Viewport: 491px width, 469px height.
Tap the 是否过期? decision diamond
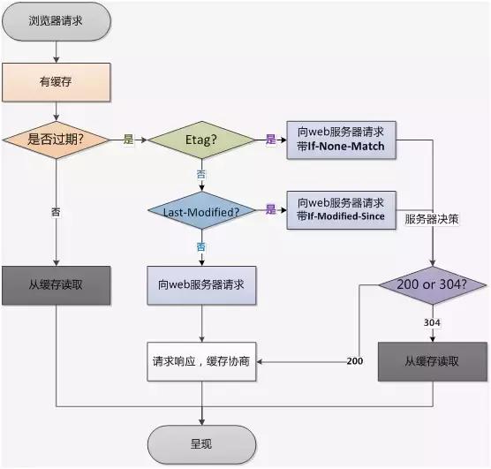pos(57,140)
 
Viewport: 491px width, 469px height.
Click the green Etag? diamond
pos(200,140)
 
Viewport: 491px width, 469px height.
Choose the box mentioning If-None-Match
pos(341,139)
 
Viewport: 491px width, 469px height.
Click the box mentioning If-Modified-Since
pos(341,209)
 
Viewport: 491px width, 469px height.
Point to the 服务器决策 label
pos(432,217)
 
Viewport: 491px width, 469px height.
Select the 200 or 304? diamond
pos(433,285)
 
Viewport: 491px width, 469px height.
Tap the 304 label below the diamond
pos(433,322)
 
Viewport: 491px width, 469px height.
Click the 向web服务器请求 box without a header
pos(201,285)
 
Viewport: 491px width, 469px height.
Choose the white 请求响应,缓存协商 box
pos(201,360)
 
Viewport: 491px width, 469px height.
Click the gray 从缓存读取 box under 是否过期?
pos(57,285)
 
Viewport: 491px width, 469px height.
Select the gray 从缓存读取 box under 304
pos(433,360)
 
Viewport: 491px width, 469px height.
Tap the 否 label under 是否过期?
pos(57,212)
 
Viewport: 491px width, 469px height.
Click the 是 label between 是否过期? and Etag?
pos(128,140)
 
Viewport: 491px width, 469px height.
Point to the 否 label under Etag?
pos(201,175)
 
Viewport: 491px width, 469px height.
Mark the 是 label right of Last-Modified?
pos(271,209)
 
